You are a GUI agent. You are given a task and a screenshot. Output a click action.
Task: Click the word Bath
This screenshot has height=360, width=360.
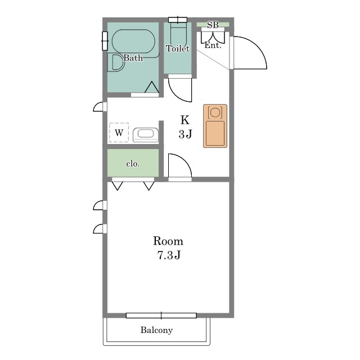pos(133,57)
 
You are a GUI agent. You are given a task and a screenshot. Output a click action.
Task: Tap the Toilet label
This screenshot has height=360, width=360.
pos(178,48)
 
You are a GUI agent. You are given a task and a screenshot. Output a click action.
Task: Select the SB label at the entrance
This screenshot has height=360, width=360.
pos(213,25)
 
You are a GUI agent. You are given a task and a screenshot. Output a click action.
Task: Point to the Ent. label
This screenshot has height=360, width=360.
pos(213,45)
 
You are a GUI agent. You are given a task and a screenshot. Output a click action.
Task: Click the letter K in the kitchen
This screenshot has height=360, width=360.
pos(185,120)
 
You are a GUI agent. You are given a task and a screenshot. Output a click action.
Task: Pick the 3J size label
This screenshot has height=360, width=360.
pos(185,134)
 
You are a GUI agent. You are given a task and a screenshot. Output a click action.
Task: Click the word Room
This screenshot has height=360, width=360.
pos(168,241)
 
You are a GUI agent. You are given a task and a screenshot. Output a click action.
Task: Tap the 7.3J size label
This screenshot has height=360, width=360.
pos(169,255)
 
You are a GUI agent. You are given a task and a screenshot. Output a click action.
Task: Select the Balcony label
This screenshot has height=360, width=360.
pos(156,330)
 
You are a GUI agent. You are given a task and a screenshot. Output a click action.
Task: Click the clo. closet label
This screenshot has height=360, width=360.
pos(133,164)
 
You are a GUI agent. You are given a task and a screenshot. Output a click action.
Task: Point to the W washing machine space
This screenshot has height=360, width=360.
pos(119,133)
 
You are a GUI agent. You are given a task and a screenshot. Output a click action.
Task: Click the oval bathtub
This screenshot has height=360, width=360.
pos(133,41)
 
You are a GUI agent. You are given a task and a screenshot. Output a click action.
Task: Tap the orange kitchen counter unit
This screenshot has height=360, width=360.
pos(215,126)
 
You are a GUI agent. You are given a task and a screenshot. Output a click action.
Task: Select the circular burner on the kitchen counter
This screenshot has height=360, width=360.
pos(215,112)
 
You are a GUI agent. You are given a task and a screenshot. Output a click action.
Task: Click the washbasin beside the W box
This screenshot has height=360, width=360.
pos(146,135)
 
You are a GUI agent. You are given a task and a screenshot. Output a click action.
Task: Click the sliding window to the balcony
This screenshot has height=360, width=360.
pos(161,316)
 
